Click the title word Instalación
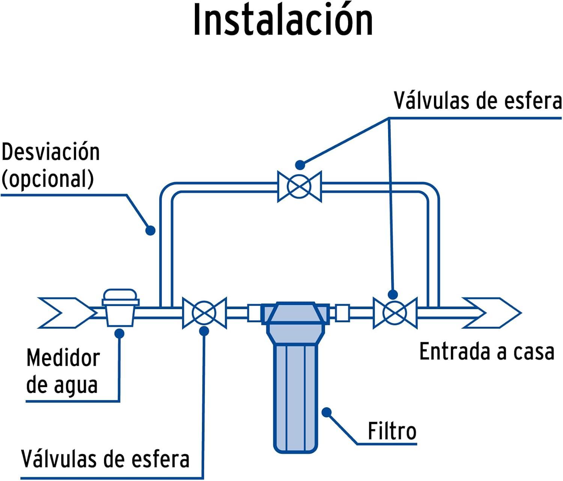click(x=283, y=21)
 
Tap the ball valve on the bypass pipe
click(x=299, y=186)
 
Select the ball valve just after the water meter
click(x=204, y=313)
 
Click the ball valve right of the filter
click(x=394, y=313)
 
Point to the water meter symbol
click(x=120, y=308)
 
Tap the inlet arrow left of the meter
click(x=66, y=313)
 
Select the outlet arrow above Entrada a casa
click(x=492, y=313)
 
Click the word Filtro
click(x=392, y=431)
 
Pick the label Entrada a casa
click(x=486, y=352)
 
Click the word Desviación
click(x=51, y=152)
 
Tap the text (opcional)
click(x=48, y=179)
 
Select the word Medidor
click(x=63, y=358)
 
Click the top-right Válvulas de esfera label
click(x=477, y=101)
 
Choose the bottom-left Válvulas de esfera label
click(x=105, y=459)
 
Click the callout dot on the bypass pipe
click(x=150, y=230)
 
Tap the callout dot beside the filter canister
click(x=327, y=412)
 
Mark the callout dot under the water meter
click(x=120, y=333)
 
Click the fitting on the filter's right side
click(x=342, y=313)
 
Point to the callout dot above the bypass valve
click(x=300, y=164)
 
